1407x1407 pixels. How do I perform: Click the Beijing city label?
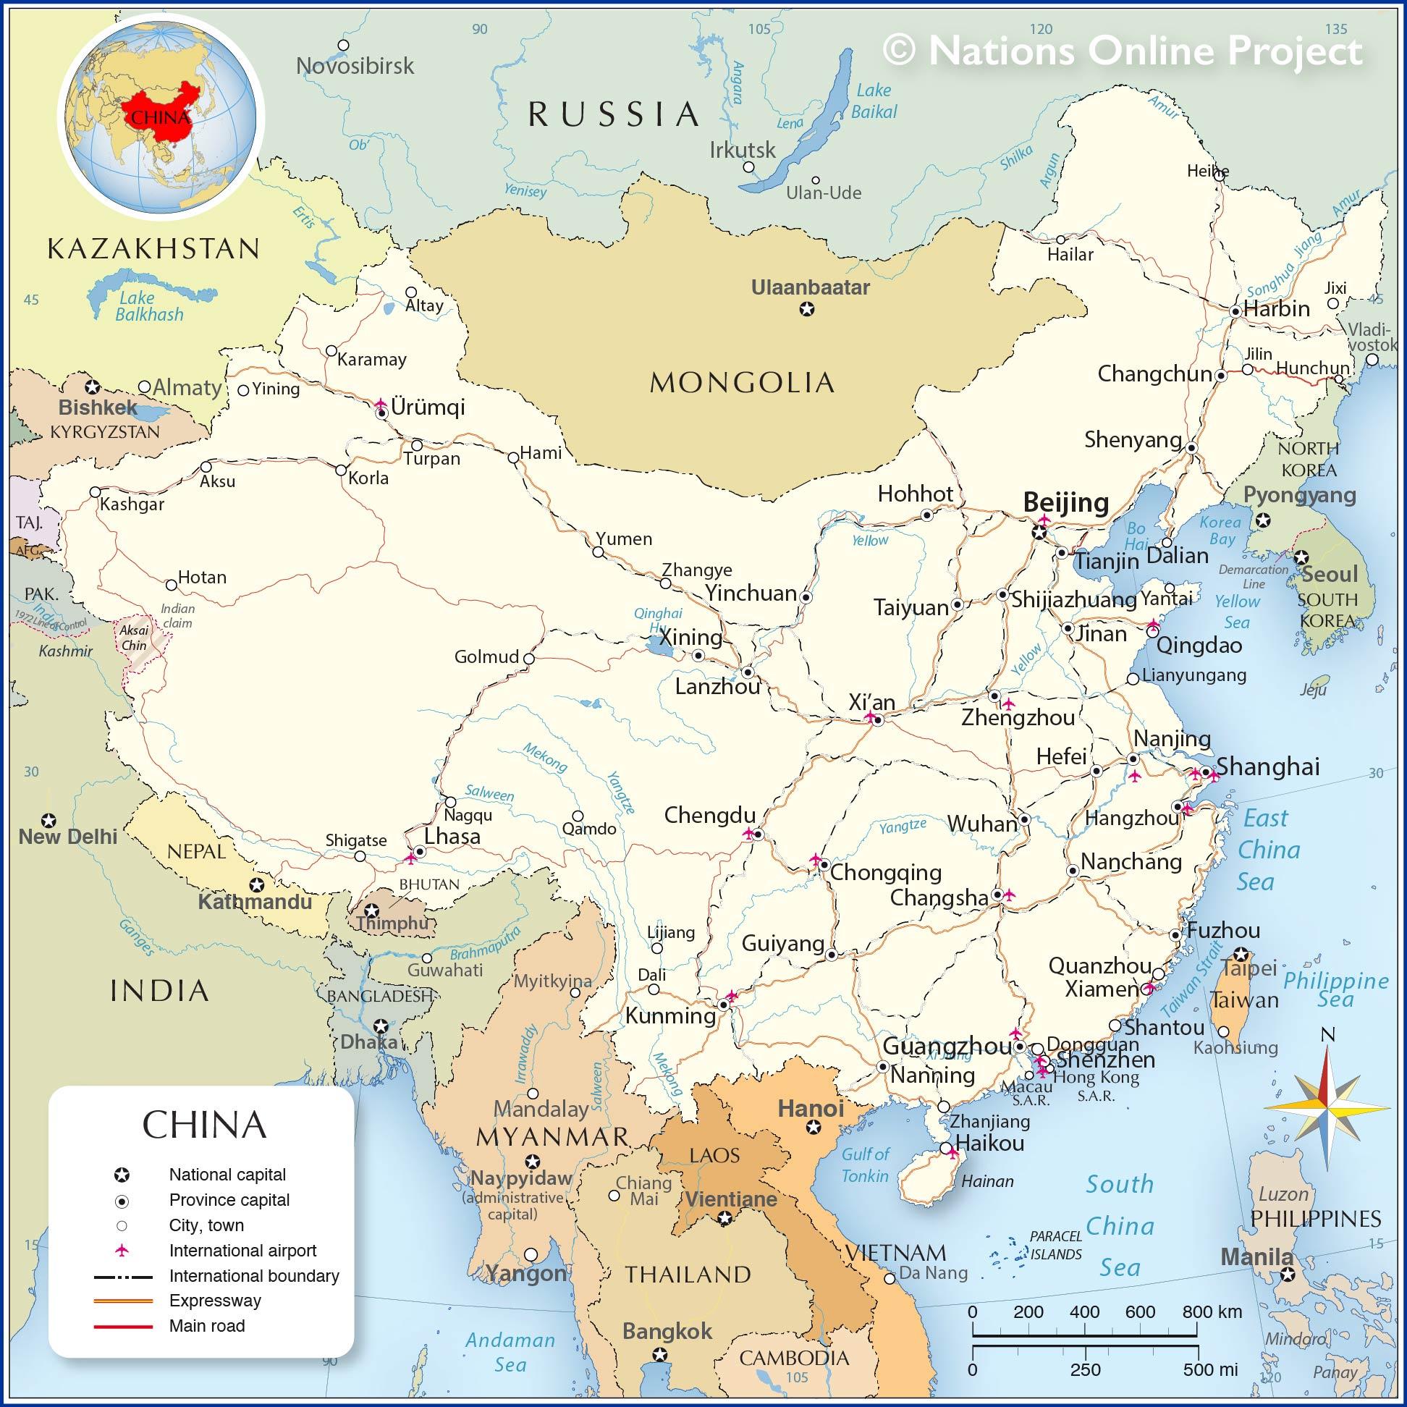tap(1065, 502)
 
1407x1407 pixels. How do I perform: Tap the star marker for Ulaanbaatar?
tap(807, 310)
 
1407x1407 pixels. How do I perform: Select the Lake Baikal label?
tap(874, 101)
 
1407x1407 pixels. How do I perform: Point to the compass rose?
tap(1327, 1107)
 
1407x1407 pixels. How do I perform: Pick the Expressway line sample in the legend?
tap(123, 1301)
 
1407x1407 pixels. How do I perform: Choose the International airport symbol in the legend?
tap(122, 1251)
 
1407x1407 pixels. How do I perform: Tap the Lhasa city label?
tap(452, 836)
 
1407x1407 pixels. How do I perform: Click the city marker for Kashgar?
tap(95, 492)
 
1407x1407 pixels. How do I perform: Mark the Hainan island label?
tap(987, 1181)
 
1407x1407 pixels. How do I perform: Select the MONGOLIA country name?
tap(741, 382)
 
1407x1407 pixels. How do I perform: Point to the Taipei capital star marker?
tap(1242, 955)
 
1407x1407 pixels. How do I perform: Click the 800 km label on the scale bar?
tap(1212, 1311)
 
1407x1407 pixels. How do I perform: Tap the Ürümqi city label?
tap(428, 407)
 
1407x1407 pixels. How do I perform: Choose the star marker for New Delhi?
tap(48, 820)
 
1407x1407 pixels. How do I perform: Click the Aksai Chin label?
tap(134, 637)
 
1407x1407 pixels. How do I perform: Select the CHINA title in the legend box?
tap(204, 1125)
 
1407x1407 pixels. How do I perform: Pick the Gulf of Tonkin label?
tap(865, 1165)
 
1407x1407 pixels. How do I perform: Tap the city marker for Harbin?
tap(1235, 311)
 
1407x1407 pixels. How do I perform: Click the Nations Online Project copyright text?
tap(1123, 51)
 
